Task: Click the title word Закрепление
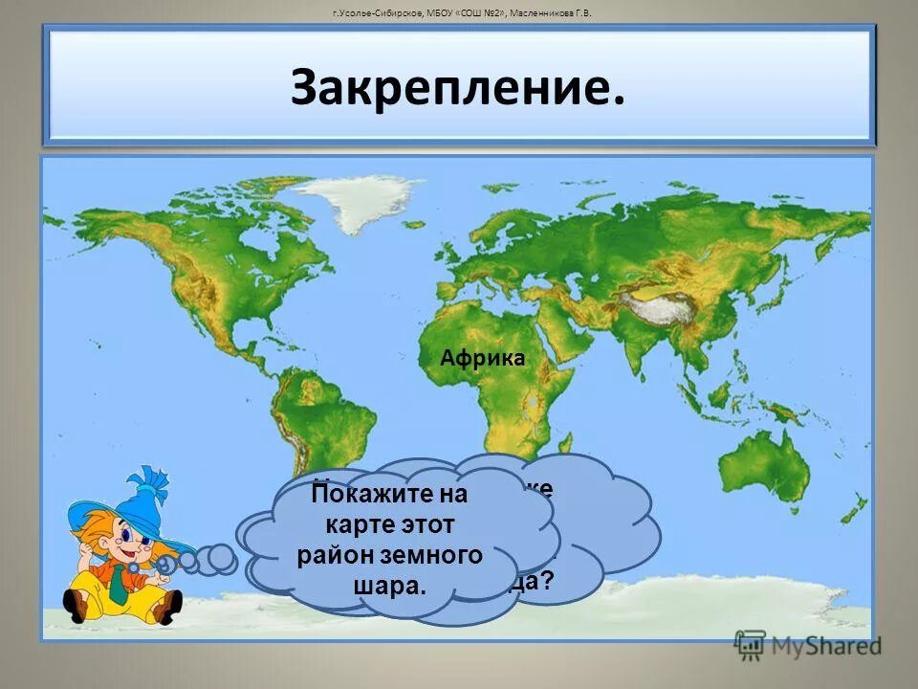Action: (458, 88)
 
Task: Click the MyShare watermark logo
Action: (808, 645)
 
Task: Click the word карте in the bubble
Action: (360, 525)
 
